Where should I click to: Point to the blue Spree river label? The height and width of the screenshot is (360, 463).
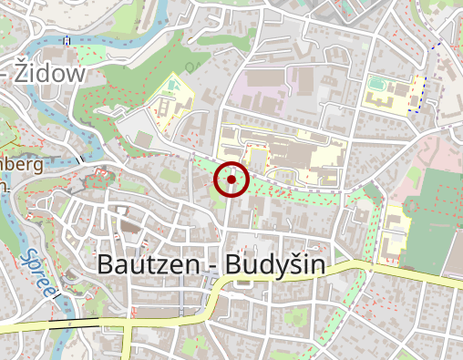37,272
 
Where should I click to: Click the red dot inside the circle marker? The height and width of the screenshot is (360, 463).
231,180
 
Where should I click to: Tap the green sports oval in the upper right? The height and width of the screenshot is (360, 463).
377,85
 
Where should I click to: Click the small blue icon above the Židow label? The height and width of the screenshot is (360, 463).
67,40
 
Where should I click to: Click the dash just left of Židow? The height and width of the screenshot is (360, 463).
7,74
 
